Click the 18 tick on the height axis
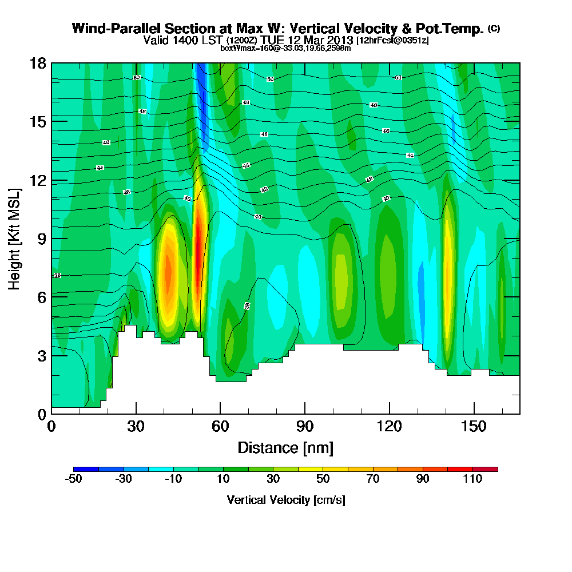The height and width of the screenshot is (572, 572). pos(37,63)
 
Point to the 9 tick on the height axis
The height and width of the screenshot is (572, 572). pos(41,239)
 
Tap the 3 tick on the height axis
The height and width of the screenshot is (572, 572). pos(41,355)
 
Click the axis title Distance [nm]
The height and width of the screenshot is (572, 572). pos(285,447)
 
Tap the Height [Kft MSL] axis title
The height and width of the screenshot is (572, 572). pos(14,238)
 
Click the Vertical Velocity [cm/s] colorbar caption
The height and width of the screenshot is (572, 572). pos(285,500)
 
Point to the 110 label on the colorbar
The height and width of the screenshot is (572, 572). pos(472,480)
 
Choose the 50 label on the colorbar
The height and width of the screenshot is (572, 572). pos(323,480)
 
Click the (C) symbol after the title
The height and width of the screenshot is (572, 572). pos(494,29)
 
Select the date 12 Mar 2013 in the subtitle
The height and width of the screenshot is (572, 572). pos(324,40)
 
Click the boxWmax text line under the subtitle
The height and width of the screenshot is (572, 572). pos(285,48)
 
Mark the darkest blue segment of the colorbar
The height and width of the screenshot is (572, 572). pos(86,469)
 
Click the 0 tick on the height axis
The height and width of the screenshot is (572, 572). pos(41,414)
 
